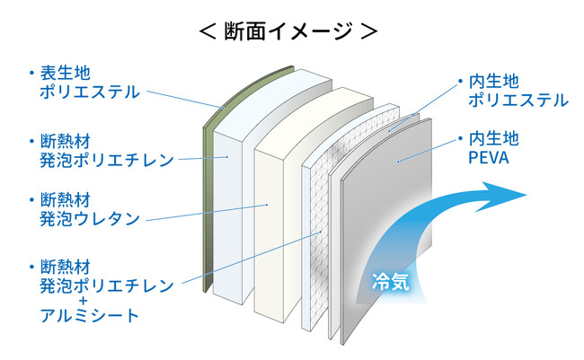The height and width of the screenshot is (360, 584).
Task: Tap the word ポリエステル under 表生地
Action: click(x=90, y=91)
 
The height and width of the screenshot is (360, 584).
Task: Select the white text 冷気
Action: click(x=391, y=282)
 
